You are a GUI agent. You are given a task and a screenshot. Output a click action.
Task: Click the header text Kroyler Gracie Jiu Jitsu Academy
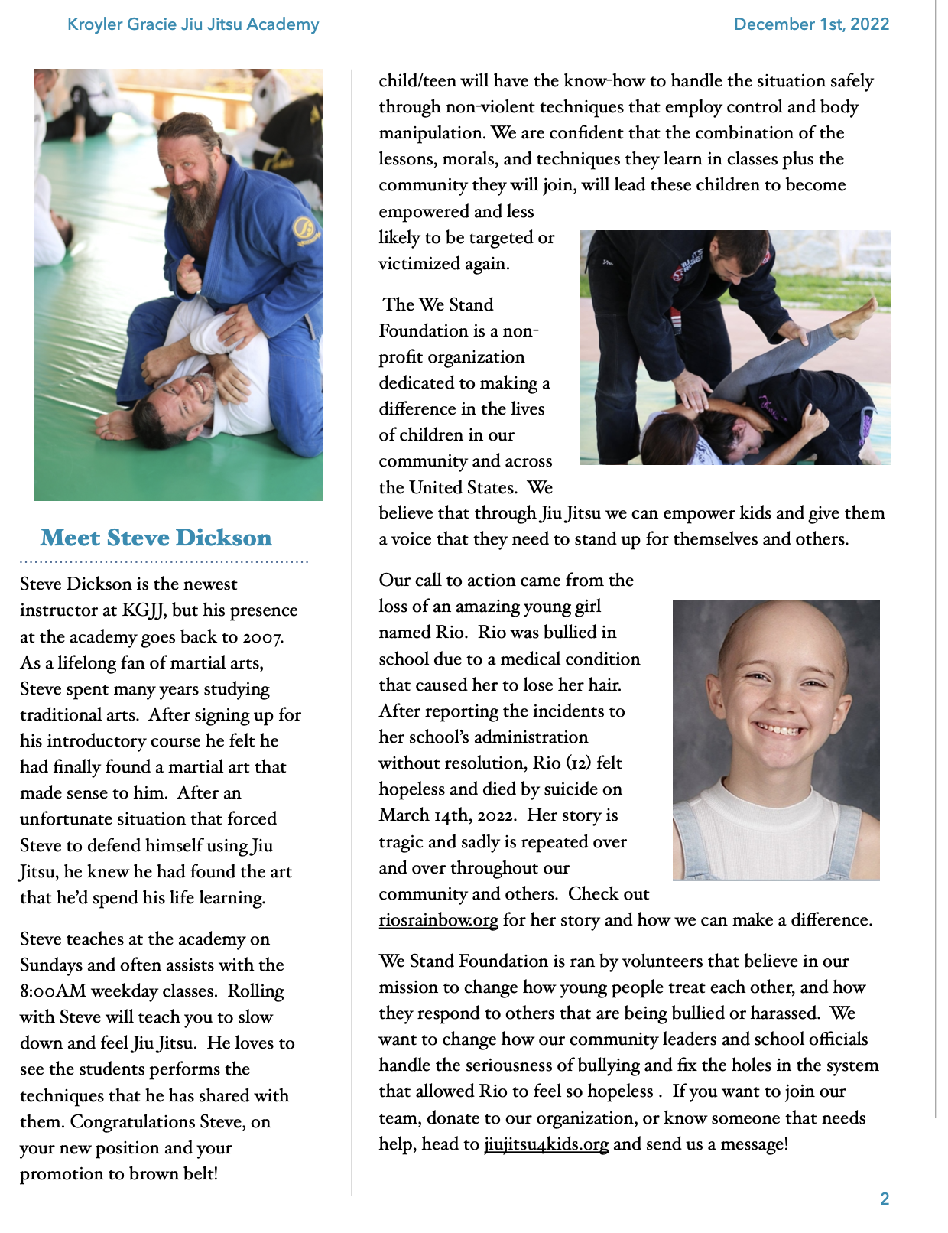(193, 24)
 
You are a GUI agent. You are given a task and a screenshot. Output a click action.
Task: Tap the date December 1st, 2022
(811, 24)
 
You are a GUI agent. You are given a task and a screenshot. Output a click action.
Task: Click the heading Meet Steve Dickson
(156, 538)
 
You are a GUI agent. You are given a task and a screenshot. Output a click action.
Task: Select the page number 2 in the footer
(885, 1199)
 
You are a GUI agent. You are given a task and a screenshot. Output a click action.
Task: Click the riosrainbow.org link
(438, 919)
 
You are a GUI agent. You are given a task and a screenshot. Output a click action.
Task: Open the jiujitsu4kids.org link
(546, 1144)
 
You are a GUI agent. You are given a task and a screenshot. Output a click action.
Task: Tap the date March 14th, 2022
(446, 815)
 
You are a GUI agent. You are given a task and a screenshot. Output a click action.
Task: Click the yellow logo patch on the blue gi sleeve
(304, 228)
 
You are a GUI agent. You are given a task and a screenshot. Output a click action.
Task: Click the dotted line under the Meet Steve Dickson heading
(164, 562)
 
